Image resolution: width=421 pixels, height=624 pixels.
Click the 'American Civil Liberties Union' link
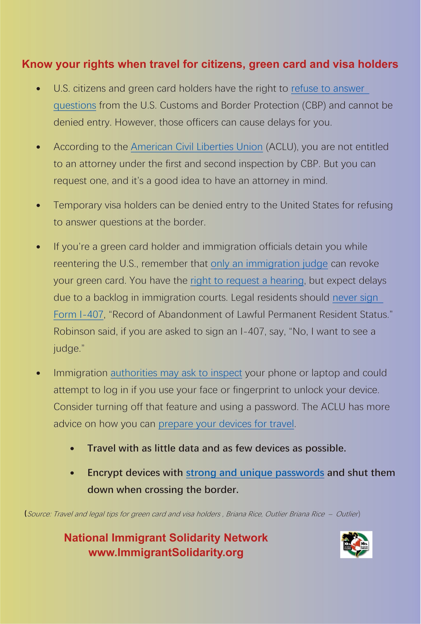pos(197,147)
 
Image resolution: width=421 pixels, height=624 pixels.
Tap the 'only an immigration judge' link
pos(269,264)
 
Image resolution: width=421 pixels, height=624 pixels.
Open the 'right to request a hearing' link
pos(247,280)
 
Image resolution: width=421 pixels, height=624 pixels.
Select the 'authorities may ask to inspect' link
pos(176,373)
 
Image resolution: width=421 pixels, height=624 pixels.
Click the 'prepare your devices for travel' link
pos(226,424)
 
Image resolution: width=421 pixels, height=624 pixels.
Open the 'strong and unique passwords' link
pos(255,472)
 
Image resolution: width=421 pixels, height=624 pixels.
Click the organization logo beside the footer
pos(356,544)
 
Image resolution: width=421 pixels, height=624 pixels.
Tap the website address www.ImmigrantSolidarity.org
pos(166,552)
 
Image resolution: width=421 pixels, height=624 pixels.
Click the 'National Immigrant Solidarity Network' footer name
pos(166,538)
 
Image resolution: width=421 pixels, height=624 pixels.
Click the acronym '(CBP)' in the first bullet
pos(314,105)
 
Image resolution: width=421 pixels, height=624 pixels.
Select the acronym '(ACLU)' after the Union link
pos(282,147)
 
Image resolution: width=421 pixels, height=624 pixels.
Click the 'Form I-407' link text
pos(78,315)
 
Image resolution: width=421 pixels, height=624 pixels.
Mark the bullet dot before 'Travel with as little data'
pos(72,449)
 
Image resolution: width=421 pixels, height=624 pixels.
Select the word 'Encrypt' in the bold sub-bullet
pos(105,472)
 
